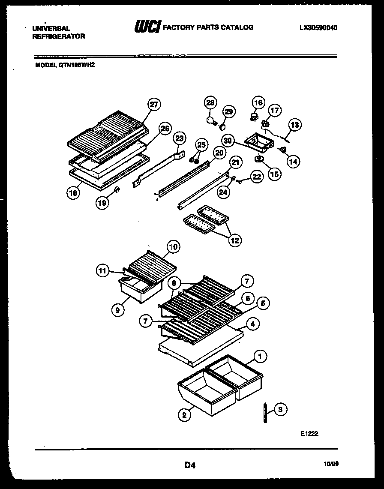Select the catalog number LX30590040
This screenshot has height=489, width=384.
click(x=318, y=27)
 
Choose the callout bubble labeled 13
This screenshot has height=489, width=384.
click(x=294, y=125)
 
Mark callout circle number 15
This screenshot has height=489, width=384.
click(x=274, y=174)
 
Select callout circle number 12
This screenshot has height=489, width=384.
click(x=234, y=240)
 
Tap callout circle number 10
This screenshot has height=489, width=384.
click(x=173, y=246)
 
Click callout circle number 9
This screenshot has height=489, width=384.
click(x=117, y=309)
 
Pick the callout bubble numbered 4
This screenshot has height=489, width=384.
click(x=252, y=324)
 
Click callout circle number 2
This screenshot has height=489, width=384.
click(x=184, y=414)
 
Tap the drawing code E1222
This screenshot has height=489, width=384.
click(x=309, y=434)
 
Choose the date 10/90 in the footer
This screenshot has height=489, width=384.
click(x=329, y=464)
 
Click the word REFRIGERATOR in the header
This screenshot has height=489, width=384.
click(x=58, y=36)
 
